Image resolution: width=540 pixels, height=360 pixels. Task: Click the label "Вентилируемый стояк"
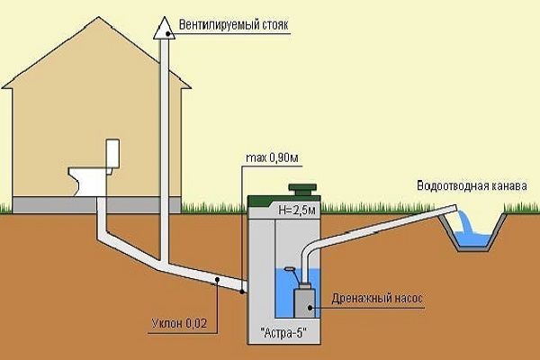point(233,25)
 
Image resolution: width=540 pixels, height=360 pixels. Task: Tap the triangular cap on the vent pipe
point(165,29)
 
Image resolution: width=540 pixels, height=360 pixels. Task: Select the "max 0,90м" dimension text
point(272,158)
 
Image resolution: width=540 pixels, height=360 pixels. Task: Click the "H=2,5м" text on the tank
point(296,210)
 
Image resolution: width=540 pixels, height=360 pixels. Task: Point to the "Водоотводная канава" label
point(472,185)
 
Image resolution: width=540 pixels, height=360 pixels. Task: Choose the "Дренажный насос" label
point(377,298)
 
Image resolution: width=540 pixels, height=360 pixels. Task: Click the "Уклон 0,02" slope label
point(179,323)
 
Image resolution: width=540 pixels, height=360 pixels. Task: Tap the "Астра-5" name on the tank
point(283,333)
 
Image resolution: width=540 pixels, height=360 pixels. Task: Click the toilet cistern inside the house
point(112,154)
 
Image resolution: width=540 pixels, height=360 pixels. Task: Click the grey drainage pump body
point(304,302)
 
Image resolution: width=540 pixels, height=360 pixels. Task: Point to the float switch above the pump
point(289,269)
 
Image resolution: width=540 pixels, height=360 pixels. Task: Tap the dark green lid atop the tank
point(302,189)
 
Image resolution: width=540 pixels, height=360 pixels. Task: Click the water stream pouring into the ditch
point(463,221)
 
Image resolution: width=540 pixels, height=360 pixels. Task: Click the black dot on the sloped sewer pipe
point(217,280)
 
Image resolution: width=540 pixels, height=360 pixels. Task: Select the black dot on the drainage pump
point(310,308)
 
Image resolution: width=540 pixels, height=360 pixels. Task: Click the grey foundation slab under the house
point(96,204)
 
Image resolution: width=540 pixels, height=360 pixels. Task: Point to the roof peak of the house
point(99,17)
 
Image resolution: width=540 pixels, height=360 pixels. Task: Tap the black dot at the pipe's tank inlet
point(242,292)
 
